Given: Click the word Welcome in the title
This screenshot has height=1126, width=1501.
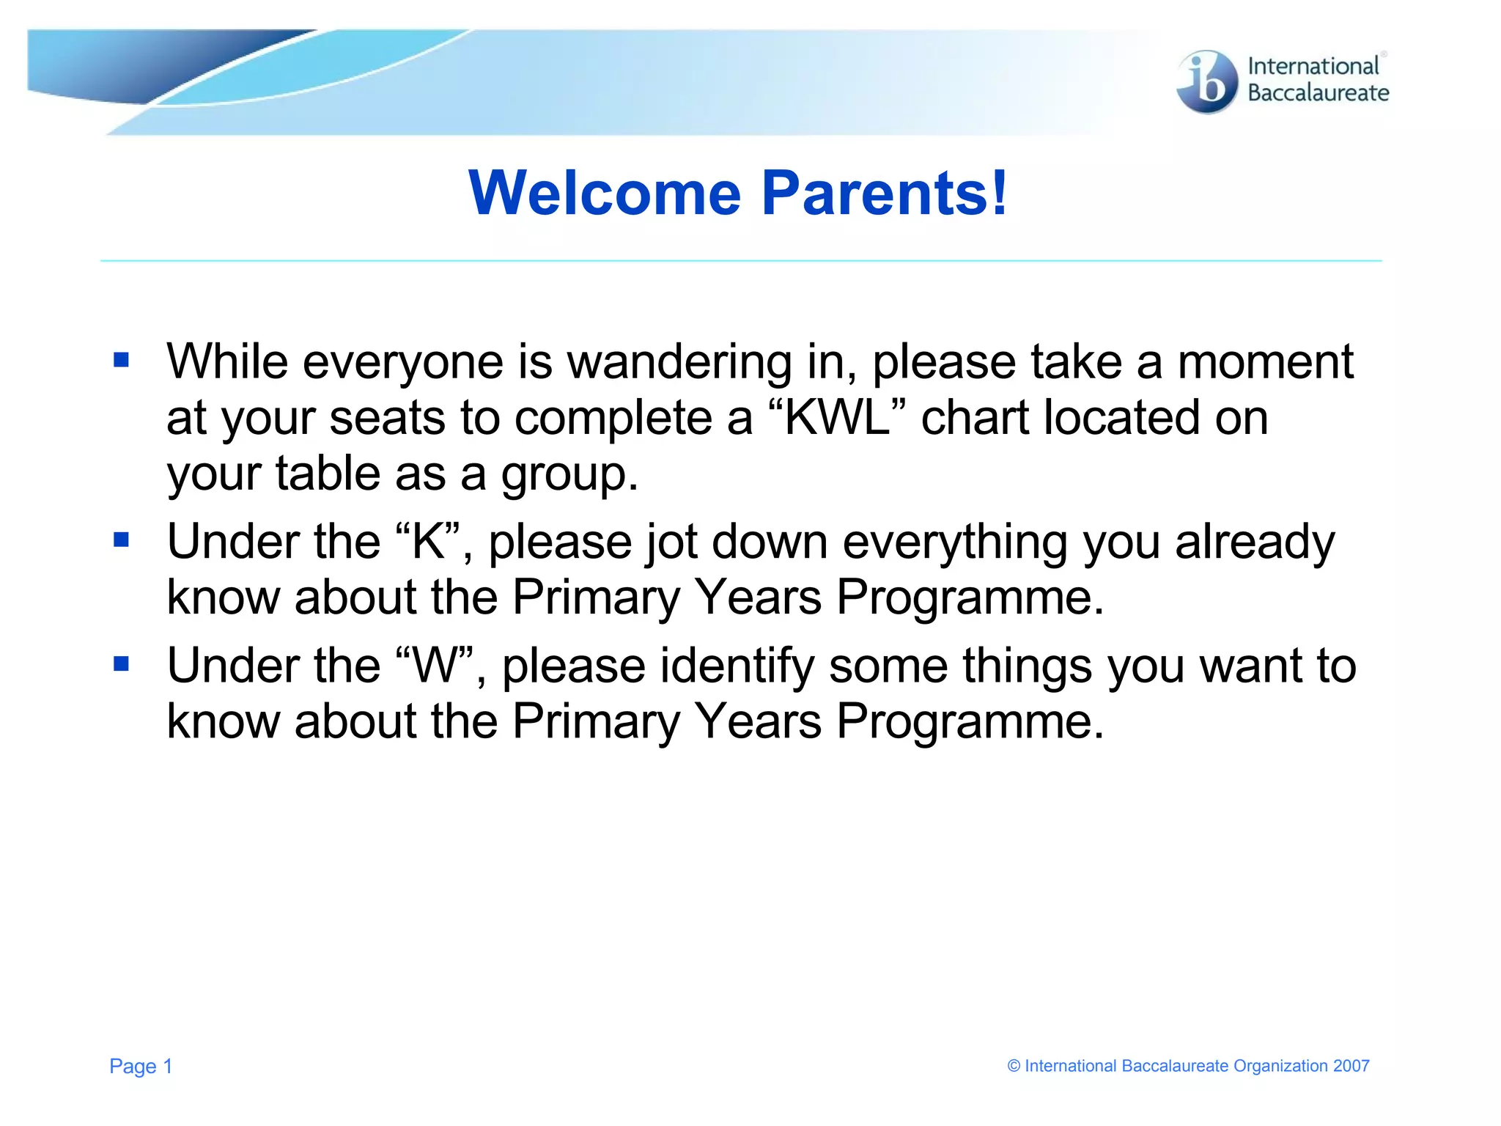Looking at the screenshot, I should click(605, 193).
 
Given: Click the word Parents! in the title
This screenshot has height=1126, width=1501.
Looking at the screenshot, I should click(885, 193).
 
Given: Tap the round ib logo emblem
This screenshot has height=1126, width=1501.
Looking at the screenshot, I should click(1206, 82).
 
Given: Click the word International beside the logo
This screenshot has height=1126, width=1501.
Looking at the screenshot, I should click(1313, 66).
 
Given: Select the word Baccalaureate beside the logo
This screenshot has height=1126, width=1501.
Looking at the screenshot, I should click(1318, 93).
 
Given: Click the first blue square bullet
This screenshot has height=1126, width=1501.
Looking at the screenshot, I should click(122, 360).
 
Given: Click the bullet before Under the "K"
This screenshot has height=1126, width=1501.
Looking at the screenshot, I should click(122, 540).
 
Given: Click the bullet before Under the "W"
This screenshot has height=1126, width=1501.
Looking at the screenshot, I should click(122, 664).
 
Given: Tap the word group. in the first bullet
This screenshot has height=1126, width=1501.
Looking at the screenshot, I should click(569, 474).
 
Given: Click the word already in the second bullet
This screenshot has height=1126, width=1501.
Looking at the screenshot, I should click(1255, 542).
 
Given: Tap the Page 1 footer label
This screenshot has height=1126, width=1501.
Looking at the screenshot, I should click(141, 1066).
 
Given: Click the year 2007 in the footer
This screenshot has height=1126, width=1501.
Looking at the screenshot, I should click(1351, 1066).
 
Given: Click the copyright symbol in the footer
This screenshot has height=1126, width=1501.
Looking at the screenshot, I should click(1014, 1066).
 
